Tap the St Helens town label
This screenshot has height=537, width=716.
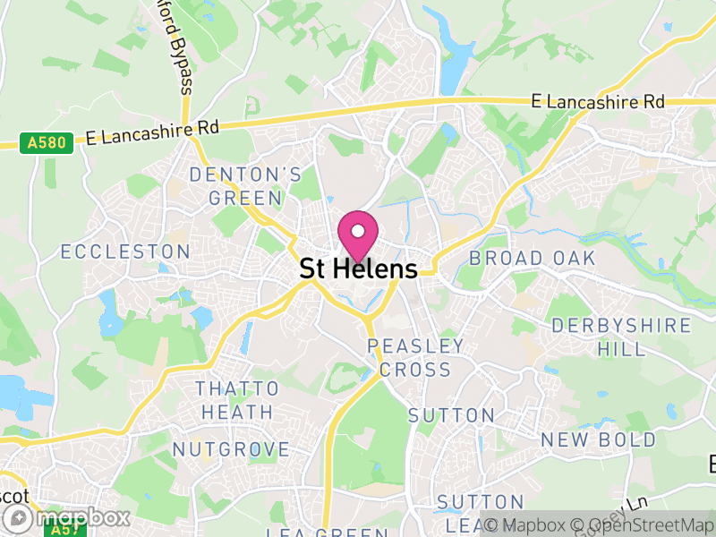coord(358,269)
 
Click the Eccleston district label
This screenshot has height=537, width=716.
coord(125,251)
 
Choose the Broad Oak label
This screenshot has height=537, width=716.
coord(533,258)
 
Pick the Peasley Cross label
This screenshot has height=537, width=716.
coord(415,357)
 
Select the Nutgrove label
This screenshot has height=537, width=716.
coord(231,449)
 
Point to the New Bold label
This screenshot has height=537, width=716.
coord(598,439)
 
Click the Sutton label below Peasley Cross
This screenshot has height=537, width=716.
coord(451,415)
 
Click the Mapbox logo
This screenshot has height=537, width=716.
coord(66,517)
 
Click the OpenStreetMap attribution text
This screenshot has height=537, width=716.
coord(644,524)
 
